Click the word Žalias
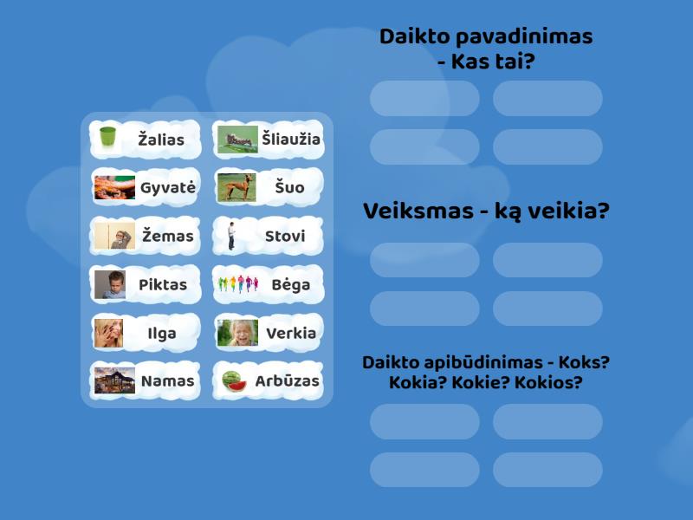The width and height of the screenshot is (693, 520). [161, 139]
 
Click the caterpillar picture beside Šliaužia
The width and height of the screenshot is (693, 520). [236, 139]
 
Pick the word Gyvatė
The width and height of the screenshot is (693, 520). [167, 187]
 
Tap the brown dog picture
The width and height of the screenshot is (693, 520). [236, 187]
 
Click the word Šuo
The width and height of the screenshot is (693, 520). [289, 187]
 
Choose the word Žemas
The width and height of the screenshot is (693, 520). [167, 236]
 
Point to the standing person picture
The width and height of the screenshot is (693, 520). [232, 236]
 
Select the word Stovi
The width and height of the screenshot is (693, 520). [285, 236]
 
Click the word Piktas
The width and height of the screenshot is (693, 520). [163, 284]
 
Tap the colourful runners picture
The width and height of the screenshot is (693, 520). [236, 284]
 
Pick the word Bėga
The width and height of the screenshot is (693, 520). [290, 284]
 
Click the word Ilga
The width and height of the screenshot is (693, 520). [163, 333]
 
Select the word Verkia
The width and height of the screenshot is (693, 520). [291, 333]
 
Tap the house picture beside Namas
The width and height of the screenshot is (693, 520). [113, 380]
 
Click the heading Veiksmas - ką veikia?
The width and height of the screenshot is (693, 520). [486, 211]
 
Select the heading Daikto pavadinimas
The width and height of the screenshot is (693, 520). [486, 36]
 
